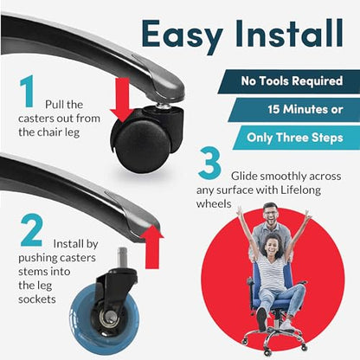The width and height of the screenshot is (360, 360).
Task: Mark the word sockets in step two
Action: (x=42, y=298)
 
